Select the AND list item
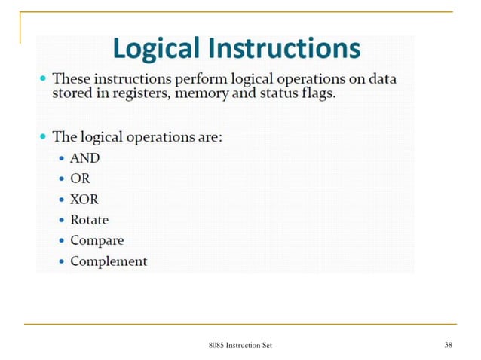84,159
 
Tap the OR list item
80,179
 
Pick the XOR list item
84,200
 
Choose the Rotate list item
89,220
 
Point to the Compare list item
97,241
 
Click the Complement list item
109,261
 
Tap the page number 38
449,345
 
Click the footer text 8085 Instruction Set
240,345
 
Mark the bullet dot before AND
62,160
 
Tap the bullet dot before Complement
62,262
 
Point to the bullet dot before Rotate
62,221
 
